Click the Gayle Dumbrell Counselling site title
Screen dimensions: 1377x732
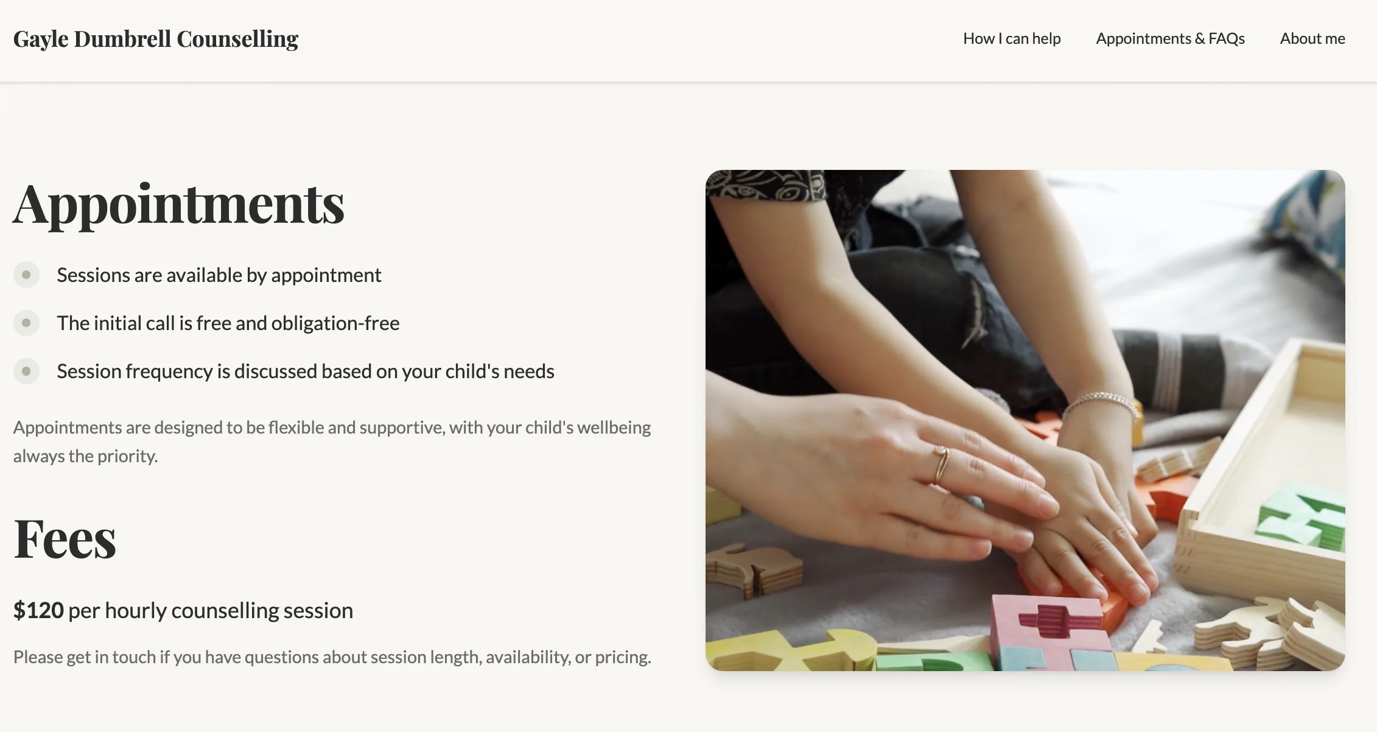(156, 39)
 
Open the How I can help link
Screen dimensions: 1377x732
(1012, 38)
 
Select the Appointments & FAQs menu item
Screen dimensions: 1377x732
(1170, 38)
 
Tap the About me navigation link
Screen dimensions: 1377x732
(1312, 38)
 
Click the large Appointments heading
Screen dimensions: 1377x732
(179, 205)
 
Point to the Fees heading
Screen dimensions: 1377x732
(65, 539)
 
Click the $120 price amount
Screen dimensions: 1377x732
(38, 610)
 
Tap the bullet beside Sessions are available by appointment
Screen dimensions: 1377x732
(26, 275)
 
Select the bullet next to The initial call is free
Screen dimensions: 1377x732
(26, 323)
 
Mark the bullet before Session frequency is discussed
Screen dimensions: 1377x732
(26, 371)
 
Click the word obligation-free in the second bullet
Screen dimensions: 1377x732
(335, 323)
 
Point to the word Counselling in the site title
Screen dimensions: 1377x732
(237, 39)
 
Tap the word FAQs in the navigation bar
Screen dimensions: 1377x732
(1227, 38)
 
